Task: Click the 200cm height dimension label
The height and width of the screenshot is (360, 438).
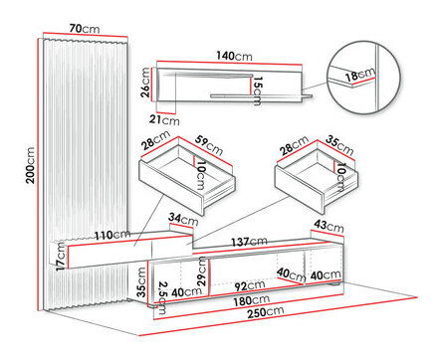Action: coord(31,165)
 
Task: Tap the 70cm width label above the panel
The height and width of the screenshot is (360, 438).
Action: coord(85,29)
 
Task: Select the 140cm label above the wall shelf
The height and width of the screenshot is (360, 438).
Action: coord(234,56)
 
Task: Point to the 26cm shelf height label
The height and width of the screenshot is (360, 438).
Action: coord(145,83)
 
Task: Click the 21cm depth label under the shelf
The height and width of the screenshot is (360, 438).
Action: coord(164,119)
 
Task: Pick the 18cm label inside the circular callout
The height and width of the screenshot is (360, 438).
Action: coord(359,75)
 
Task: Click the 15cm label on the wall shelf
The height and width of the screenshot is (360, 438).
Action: coord(257,91)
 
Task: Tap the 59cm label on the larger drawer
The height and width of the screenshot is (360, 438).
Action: coord(208,145)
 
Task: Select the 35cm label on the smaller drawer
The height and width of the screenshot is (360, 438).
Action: coord(339,145)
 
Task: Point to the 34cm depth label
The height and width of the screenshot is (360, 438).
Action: coord(183,219)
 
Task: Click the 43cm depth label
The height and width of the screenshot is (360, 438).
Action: coord(328,226)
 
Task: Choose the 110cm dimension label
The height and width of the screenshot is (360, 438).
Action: coord(112,235)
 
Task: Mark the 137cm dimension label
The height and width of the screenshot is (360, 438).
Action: coord(249,242)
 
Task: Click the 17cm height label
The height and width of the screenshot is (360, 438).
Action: coord(61,256)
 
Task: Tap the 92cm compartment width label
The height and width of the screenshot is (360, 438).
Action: coord(250,285)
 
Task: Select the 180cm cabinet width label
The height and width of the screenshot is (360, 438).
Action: coord(251,300)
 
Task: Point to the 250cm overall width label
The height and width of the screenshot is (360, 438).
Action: coord(265,312)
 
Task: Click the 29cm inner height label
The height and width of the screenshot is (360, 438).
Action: coord(202,271)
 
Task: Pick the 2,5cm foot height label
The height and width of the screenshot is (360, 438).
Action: coord(161,297)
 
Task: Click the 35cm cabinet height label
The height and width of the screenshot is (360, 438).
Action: coord(141,281)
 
